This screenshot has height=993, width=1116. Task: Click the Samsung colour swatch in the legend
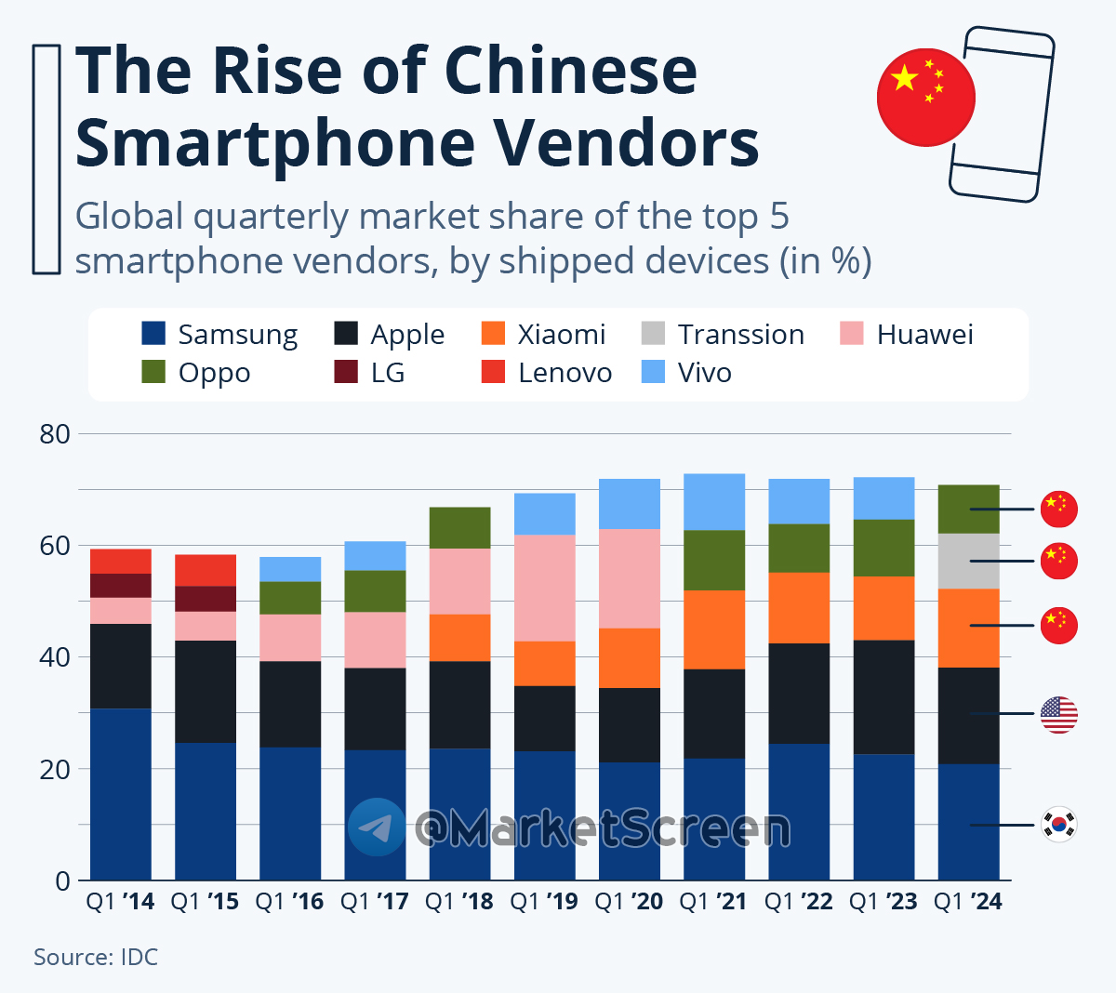[153, 333]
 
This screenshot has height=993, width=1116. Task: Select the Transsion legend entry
[740, 334]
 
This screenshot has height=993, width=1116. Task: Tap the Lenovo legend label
[565, 373]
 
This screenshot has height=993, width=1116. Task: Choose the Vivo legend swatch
[654, 372]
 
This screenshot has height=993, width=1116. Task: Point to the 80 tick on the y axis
[55, 434]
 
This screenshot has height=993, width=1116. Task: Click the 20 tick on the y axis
[55, 769]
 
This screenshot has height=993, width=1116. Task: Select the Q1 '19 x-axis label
[544, 901]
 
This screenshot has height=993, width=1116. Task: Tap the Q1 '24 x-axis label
[968, 901]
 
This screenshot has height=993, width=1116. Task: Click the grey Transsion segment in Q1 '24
[968, 561]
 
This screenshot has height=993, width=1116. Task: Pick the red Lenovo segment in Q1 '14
[121, 562]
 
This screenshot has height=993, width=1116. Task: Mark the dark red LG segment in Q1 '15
[206, 599]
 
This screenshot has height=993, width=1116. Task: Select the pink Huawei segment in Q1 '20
[630, 578]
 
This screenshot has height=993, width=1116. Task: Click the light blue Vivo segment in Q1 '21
[714, 502]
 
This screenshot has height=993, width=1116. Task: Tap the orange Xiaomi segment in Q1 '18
[459, 638]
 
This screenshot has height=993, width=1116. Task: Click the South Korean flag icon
[1058, 825]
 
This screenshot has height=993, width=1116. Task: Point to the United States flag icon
[1058, 714]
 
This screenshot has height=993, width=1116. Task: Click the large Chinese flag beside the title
[925, 98]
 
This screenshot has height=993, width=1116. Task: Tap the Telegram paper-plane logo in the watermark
[377, 827]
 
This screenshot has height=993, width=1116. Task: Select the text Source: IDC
[96, 957]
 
